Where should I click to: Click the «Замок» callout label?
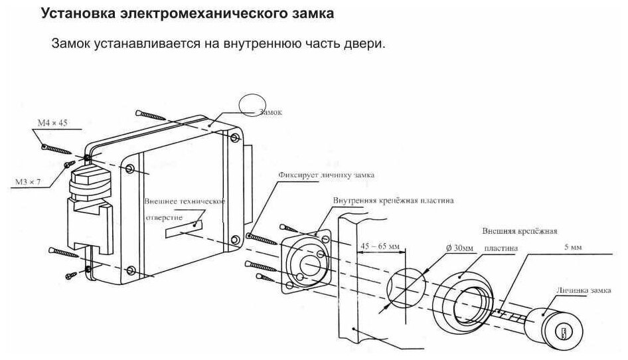(270, 112)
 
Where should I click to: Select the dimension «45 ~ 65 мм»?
(380, 247)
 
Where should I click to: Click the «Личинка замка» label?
(584, 290)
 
